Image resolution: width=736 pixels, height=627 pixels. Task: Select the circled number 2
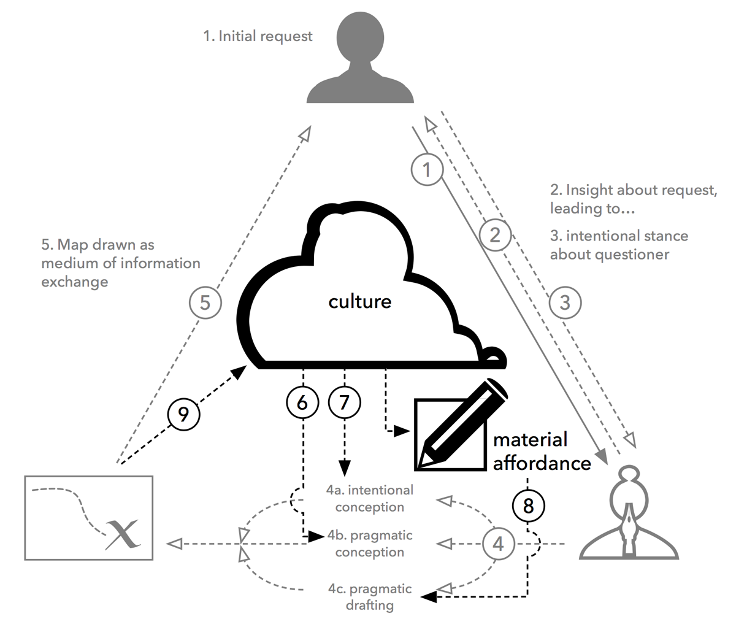pos(496,234)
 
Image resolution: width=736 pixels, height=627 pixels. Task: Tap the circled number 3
pos(564,302)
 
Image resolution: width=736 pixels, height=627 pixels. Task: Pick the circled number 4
pos(498,544)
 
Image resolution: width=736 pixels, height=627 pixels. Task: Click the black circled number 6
pos(302,402)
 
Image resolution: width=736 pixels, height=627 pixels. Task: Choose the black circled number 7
pos(344,402)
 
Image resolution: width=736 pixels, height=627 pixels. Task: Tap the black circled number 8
pos(528,506)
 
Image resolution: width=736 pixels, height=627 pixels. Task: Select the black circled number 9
pos(183,414)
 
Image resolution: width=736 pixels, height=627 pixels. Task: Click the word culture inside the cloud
pos(360,301)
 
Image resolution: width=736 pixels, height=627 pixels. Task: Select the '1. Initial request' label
pos(258,36)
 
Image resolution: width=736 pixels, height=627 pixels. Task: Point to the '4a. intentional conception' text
pos(370,498)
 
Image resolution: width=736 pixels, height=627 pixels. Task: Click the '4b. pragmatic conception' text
pos(370,544)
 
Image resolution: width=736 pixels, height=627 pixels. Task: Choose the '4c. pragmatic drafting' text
pos(370,597)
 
